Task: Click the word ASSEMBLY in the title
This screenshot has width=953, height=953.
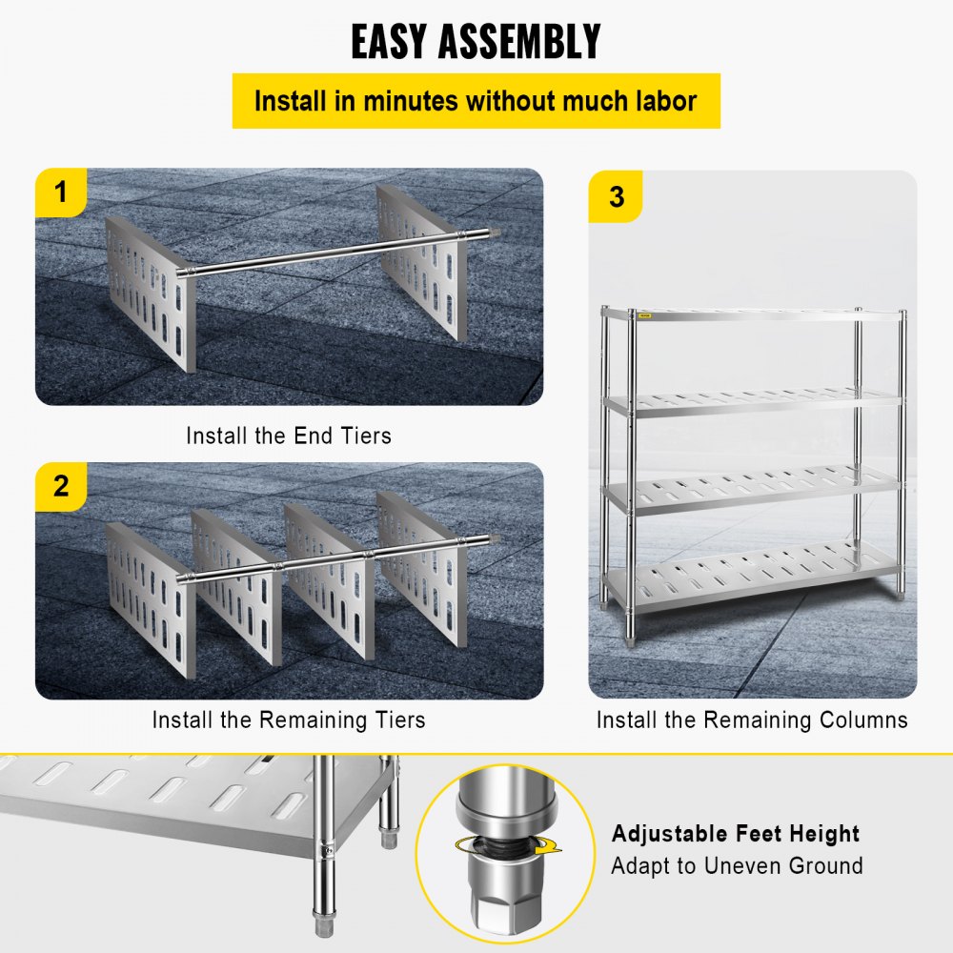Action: [x=532, y=42]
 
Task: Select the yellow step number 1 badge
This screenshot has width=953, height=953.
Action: [x=61, y=193]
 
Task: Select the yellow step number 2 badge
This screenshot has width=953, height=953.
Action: [x=61, y=486]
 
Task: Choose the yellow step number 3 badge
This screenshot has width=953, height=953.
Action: [x=616, y=197]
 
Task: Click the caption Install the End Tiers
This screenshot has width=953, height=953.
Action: [x=288, y=436]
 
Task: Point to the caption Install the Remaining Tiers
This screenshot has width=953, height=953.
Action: [x=288, y=719]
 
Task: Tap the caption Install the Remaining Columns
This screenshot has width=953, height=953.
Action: [x=752, y=719]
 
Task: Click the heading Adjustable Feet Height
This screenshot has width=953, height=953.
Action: [x=735, y=834]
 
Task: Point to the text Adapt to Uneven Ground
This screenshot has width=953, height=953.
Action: [x=737, y=865]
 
